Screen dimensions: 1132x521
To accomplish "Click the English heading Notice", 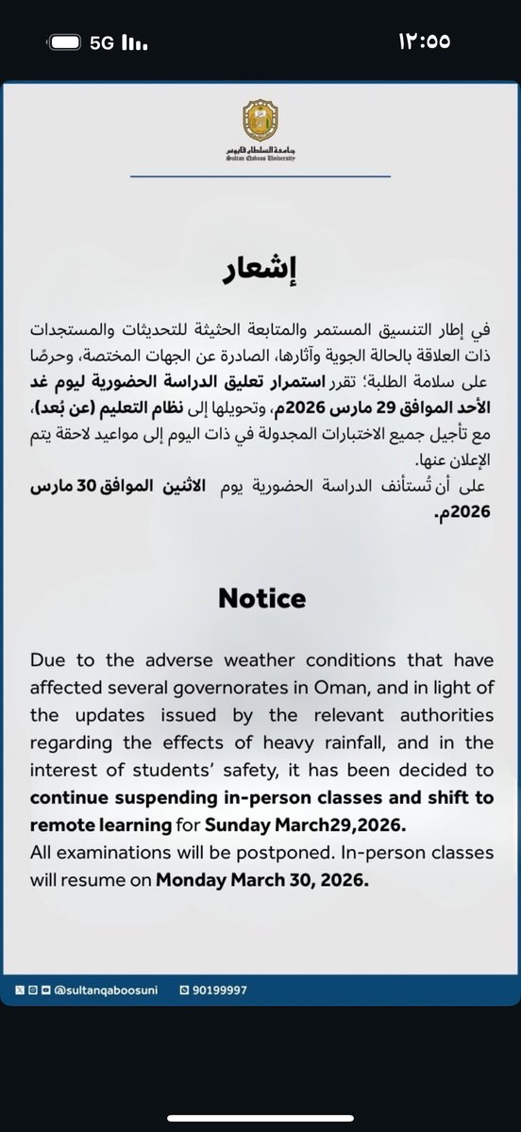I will coord(260,597).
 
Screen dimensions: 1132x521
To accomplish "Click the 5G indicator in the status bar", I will coord(101,42).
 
